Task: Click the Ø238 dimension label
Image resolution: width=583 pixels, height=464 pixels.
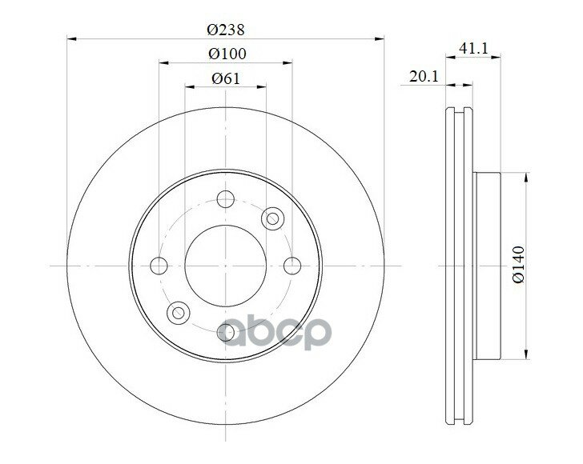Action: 226,30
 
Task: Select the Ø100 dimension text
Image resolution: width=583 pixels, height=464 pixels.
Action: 227,54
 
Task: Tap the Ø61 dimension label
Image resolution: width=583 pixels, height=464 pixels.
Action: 226,78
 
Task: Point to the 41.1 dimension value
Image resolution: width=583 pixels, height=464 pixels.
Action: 473,48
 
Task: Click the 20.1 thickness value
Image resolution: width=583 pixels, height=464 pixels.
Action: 424,77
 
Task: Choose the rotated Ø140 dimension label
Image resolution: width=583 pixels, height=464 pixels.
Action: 518,265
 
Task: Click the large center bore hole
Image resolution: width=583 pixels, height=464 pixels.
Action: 225,266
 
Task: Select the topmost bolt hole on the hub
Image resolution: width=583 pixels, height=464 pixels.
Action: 225,198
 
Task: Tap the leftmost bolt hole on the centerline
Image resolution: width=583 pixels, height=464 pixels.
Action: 159,266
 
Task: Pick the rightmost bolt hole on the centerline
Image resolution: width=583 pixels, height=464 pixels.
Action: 292,266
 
